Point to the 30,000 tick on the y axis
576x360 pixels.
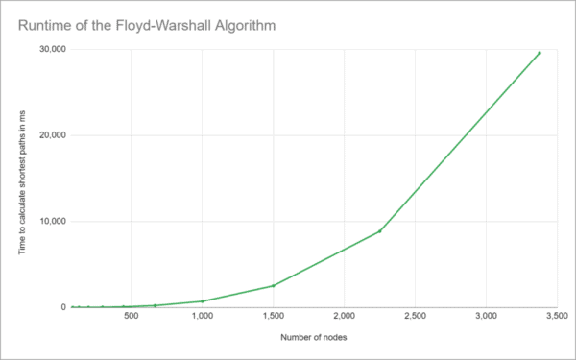(49, 50)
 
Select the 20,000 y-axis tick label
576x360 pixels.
(49, 135)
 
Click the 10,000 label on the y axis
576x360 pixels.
(49, 222)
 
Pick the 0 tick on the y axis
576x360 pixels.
(61, 307)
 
